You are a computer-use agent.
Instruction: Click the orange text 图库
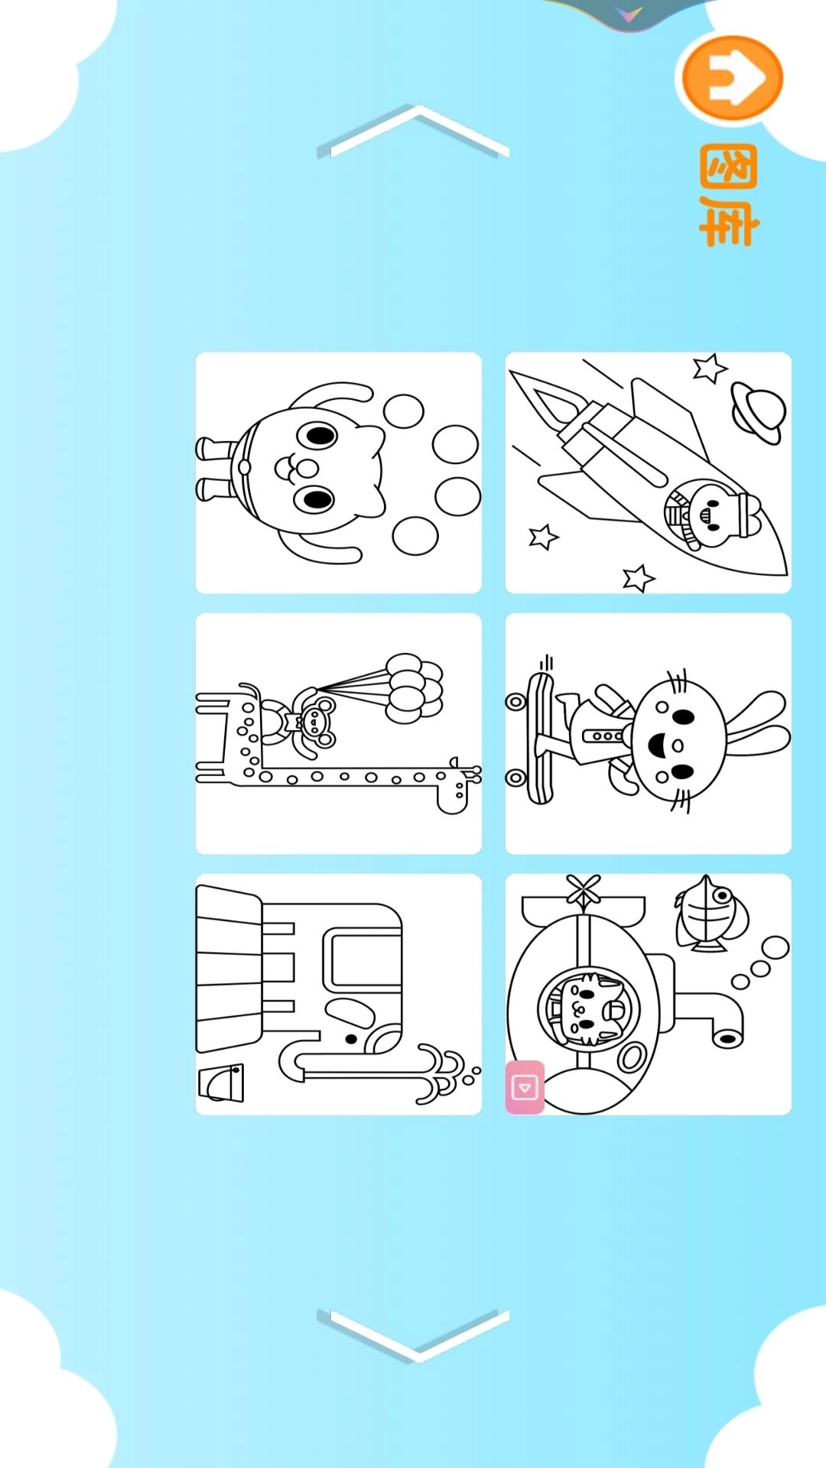pyautogui.click(x=728, y=196)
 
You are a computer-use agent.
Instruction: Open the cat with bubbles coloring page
pyautogui.click(x=339, y=473)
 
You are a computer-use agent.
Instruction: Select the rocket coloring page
pyautogui.click(x=649, y=473)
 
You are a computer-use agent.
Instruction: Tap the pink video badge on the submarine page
pyautogui.click(x=525, y=1086)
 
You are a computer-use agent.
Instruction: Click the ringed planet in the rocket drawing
pyautogui.click(x=758, y=411)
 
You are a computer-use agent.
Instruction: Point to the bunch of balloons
pyautogui.click(x=414, y=688)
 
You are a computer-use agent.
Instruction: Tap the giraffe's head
pyautogui.click(x=457, y=785)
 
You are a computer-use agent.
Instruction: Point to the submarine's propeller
pyautogui.click(x=584, y=892)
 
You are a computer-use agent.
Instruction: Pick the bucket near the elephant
pyautogui.click(x=221, y=1083)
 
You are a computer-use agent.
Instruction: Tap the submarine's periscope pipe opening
pyautogui.click(x=728, y=1038)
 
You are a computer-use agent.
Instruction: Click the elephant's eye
pyautogui.click(x=351, y=1039)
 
